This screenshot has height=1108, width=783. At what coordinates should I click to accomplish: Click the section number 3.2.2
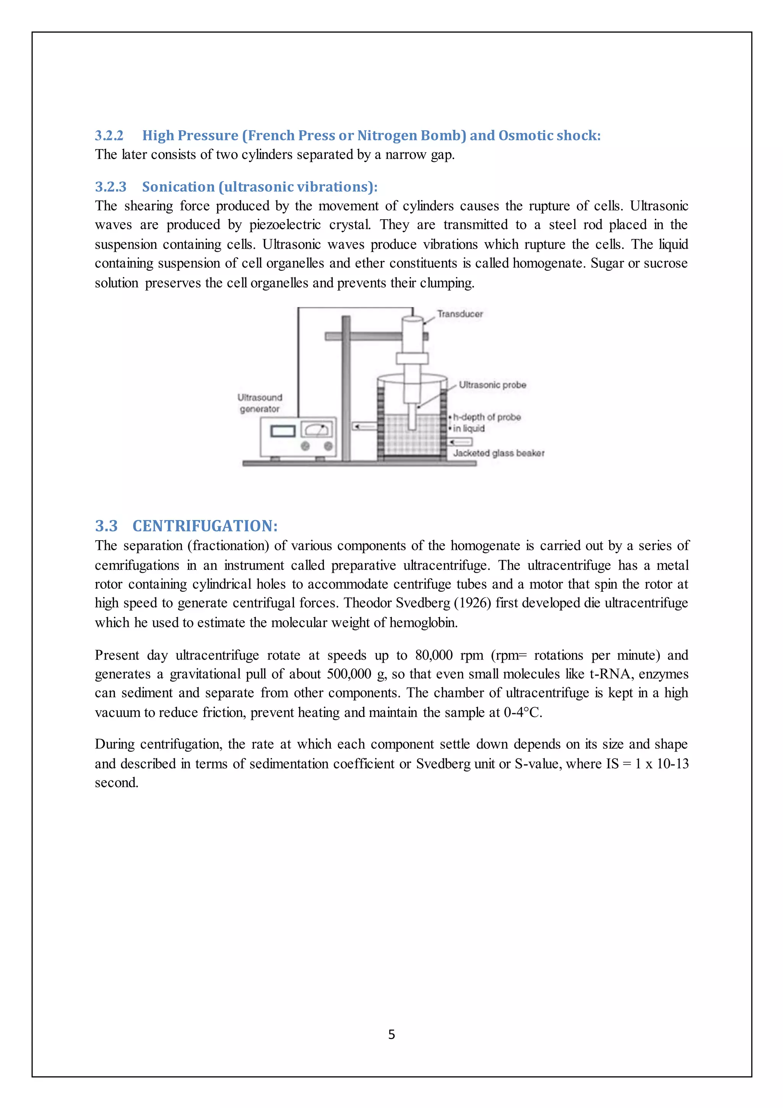click(x=109, y=135)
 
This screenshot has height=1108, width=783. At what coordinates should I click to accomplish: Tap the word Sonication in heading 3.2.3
click(x=178, y=187)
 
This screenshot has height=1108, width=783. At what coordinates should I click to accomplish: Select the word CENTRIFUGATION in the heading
click(x=205, y=526)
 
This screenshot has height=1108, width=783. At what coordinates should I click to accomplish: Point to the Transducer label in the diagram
click(x=460, y=314)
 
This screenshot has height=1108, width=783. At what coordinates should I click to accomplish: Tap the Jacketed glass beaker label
click(x=499, y=453)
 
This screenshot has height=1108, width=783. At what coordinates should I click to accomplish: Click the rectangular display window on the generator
click(x=283, y=430)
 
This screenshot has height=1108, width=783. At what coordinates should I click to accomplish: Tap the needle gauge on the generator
click(x=316, y=429)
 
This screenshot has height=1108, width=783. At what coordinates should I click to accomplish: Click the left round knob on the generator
click(x=305, y=446)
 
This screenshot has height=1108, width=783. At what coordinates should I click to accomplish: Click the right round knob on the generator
click(x=328, y=446)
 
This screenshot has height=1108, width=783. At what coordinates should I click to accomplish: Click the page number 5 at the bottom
click(x=391, y=1034)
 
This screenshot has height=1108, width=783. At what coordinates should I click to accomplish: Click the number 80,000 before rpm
click(x=434, y=655)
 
